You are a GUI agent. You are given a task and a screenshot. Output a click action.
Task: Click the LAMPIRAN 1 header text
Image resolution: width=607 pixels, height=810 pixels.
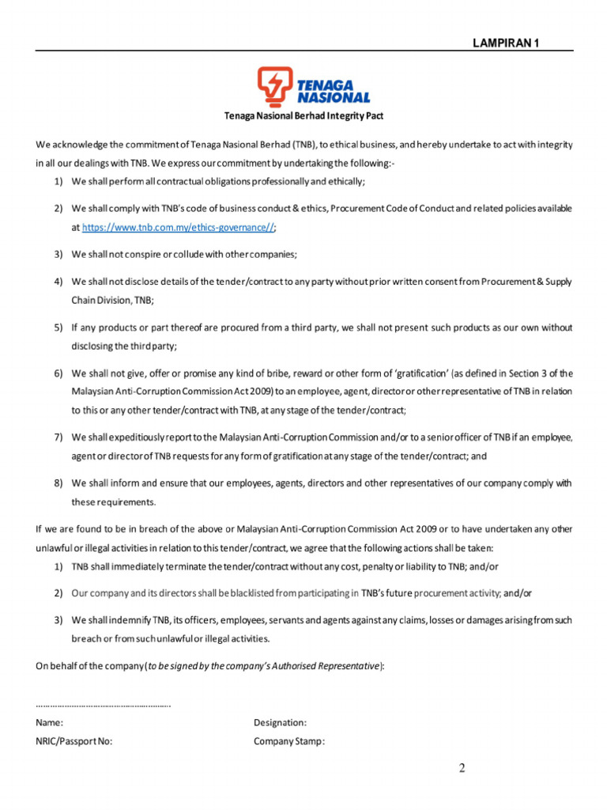(506, 44)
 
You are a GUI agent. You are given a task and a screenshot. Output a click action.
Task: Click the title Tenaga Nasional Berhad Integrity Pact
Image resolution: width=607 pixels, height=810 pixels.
(304, 116)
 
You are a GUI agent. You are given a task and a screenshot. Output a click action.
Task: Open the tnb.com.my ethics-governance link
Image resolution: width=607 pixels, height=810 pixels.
(179, 227)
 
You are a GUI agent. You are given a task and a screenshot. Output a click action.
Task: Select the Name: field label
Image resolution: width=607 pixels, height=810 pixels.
(50, 722)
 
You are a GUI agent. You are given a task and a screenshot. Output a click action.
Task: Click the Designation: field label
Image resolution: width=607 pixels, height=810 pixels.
(280, 722)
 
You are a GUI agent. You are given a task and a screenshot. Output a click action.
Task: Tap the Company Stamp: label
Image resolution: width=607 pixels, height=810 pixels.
(289, 741)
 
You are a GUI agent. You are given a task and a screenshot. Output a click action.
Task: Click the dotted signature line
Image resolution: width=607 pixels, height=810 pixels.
(104, 703)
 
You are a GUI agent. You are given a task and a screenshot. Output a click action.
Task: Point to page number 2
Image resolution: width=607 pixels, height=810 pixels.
(462, 769)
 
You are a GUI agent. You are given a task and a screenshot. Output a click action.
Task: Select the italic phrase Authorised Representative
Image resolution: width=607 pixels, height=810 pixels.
(328, 665)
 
